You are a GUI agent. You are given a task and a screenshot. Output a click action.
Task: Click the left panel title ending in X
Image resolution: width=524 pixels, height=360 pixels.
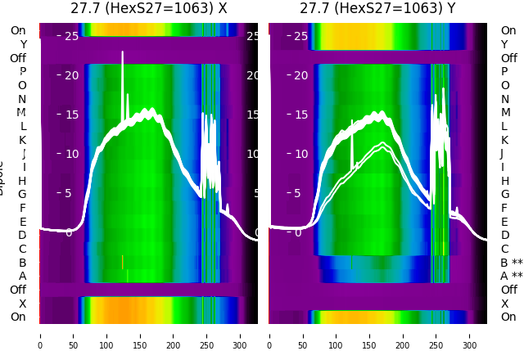point(148,9)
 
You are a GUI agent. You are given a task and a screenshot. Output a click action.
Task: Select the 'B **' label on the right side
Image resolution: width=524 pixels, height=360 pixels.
point(511,263)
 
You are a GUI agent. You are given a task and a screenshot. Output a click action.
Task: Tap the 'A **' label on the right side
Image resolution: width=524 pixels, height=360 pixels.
point(511,277)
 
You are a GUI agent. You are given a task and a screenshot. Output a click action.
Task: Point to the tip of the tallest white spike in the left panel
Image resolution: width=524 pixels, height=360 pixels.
point(123,52)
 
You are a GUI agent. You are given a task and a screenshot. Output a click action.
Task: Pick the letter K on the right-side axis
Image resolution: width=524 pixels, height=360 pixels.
point(504,140)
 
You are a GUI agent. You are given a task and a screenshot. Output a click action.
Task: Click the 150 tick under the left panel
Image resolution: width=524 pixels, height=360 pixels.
point(140,335)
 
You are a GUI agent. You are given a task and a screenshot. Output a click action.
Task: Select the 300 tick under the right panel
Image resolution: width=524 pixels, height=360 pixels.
point(470,335)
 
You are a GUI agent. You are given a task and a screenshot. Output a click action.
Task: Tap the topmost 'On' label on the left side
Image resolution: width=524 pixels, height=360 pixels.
point(18,30)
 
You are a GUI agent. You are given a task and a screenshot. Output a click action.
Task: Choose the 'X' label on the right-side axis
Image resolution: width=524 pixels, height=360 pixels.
point(504,304)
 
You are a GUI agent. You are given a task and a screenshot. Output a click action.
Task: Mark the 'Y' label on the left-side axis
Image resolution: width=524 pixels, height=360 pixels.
point(23,44)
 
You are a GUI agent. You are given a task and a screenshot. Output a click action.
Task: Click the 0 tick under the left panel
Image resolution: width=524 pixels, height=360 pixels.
point(40,335)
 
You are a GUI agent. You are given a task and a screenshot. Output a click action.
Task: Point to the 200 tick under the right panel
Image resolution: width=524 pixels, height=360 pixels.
point(403,335)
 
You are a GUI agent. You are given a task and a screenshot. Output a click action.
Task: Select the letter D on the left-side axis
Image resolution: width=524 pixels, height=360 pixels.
point(22,236)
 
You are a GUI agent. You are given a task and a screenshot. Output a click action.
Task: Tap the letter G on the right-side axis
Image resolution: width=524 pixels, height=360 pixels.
point(504,195)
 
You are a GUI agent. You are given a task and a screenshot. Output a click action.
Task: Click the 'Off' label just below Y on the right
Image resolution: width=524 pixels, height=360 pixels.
point(508,58)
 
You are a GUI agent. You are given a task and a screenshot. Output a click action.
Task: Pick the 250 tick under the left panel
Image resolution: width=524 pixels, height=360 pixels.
point(207,335)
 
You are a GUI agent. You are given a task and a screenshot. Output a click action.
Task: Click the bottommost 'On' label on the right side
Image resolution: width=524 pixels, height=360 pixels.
point(508,317)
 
